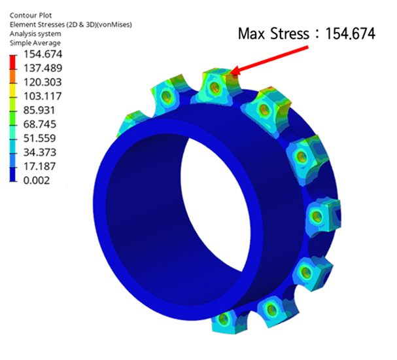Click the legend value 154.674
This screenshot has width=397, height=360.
tap(43, 54)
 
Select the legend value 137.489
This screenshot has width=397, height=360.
tap(43, 68)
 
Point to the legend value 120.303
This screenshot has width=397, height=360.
tap(43, 82)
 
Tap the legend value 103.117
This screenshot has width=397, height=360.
tap(43, 96)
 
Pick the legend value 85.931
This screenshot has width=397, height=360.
tap(39, 111)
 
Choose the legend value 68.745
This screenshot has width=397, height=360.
tap(39, 124)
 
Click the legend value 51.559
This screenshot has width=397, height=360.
tap(39, 138)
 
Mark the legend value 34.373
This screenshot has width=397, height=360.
tap(39, 153)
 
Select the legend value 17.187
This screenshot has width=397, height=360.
tap(39, 166)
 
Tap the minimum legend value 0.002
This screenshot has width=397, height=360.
tap(37, 181)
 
